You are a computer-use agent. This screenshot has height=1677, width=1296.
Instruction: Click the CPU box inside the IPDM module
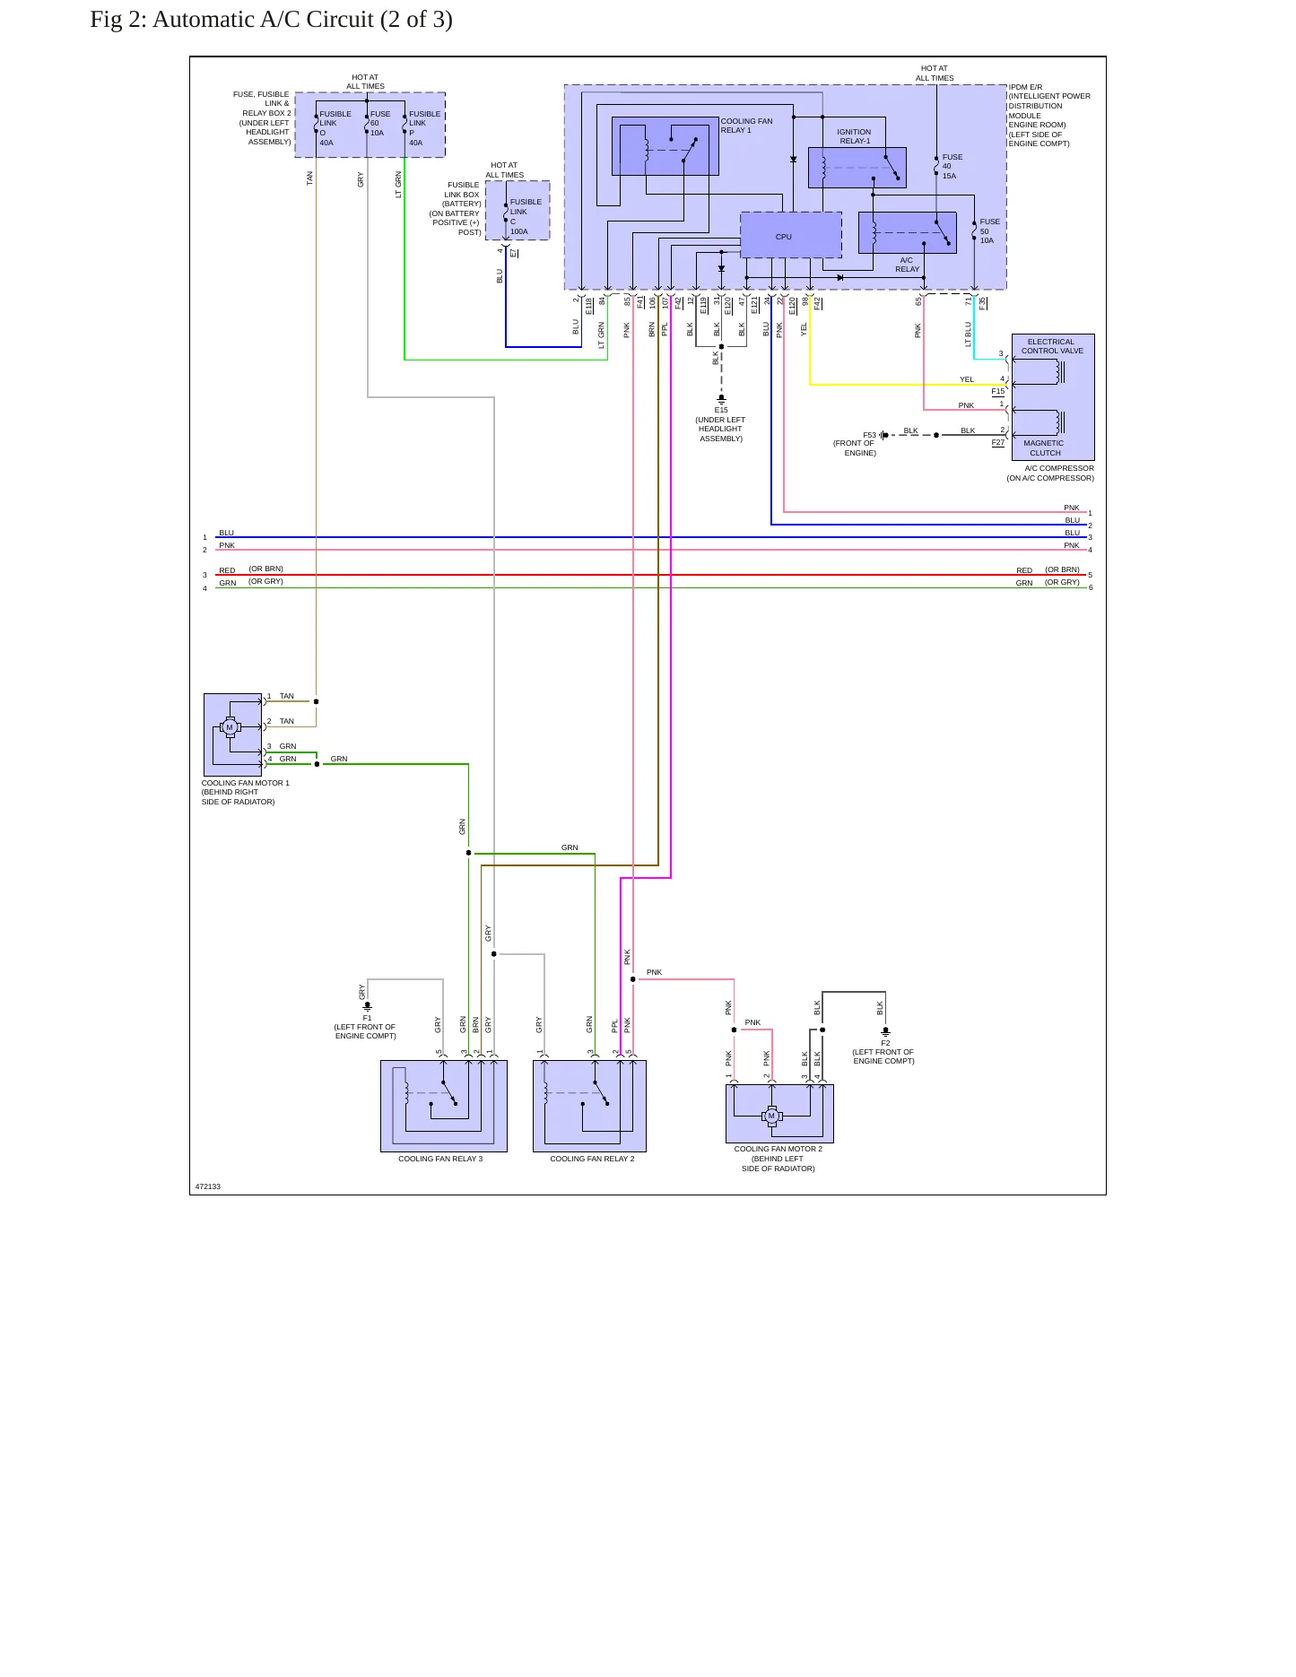(791, 235)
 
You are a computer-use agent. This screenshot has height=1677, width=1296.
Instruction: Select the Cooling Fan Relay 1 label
(746, 126)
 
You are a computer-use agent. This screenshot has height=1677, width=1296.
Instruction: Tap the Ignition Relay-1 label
(854, 136)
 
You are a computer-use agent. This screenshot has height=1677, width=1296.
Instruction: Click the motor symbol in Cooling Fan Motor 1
(230, 727)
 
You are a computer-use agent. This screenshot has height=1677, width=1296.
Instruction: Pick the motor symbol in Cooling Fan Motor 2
(771, 1117)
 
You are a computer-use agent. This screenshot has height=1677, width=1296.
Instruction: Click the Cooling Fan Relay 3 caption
(440, 1159)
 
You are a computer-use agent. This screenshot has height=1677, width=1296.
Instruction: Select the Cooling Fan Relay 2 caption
(592, 1159)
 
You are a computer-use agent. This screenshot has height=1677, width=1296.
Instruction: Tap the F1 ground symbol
(367, 1006)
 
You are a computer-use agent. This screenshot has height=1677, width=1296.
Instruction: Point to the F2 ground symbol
(885, 1031)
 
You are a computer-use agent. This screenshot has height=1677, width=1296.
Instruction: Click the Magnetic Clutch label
(1044, 447)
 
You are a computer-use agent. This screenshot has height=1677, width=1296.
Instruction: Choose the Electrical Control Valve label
(1052, 346)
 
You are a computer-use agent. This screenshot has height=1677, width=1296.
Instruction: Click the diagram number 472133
(208, 1186)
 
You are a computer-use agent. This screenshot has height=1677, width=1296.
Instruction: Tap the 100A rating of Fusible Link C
(519, 231)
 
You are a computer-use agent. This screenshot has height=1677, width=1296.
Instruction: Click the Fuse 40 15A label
(952, 166)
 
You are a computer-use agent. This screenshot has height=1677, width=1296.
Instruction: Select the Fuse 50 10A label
(989, 230)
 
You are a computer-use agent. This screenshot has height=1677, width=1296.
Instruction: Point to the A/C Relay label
(907, 265)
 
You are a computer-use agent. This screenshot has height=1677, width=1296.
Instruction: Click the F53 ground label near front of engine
(869, 435)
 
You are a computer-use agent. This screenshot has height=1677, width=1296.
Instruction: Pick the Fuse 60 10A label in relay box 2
(380, 123)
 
